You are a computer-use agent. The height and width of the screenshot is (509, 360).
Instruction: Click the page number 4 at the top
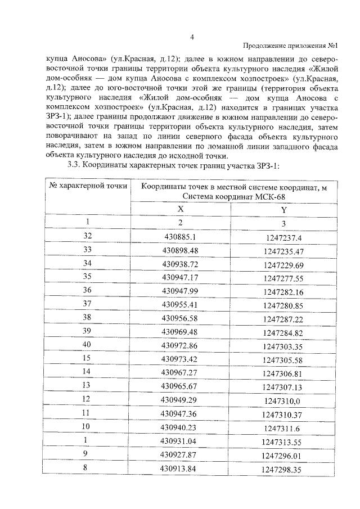[192, 37]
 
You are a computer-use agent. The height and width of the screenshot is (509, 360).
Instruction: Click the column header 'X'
[180, 209]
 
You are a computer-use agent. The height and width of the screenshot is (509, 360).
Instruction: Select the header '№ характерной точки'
[87, 186]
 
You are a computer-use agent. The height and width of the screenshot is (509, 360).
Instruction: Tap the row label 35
[87, 277]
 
